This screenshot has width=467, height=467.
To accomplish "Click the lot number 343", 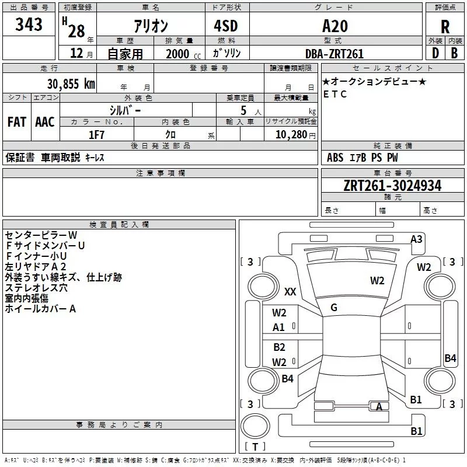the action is coord(29,24).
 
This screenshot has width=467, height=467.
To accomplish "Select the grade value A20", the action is coord(335,26).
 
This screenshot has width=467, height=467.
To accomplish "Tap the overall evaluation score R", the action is coord(445,27).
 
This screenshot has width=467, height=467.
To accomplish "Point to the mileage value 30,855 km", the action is coord(71,83).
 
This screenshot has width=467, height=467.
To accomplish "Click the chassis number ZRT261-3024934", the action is coord(392,186).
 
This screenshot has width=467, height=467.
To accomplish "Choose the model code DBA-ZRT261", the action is coord(334,54).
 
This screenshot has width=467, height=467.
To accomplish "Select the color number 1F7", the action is coord(96,135).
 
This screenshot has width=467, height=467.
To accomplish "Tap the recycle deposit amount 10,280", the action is coord(291,134).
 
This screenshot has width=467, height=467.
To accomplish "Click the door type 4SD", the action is coord(226,26).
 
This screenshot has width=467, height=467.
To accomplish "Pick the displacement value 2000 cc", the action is coord(183,54).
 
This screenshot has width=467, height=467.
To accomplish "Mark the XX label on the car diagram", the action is coord(290,291).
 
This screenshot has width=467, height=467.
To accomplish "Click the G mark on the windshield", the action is coord(334,308).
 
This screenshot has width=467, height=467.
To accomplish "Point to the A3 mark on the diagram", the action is coord(416,239).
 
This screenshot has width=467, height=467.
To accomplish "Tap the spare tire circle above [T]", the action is coord(255,426).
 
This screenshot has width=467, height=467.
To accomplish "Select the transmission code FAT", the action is coord(17,122).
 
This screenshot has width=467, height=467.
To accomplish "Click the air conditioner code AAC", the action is coord(45,122).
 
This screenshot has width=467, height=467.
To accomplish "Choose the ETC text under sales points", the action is coord(334,94).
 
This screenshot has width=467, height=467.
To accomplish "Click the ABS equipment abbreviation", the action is coord(335,158).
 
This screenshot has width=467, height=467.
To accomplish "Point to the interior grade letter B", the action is coord(454,53).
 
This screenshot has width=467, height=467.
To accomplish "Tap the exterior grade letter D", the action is coord(435,53).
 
